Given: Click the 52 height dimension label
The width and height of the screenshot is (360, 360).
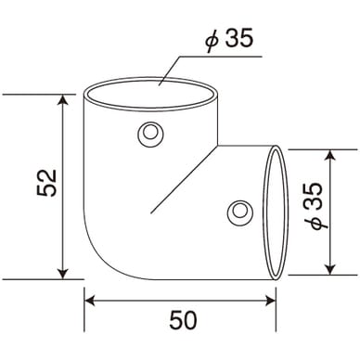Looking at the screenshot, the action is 47,183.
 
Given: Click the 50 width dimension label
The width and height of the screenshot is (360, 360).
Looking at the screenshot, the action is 183,320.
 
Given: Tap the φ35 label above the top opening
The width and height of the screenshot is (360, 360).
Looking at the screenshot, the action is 229,39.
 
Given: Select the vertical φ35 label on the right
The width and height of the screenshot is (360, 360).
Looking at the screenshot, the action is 315,206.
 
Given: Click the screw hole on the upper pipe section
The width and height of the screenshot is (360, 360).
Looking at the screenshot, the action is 150,135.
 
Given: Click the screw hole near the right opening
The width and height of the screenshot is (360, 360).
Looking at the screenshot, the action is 240,212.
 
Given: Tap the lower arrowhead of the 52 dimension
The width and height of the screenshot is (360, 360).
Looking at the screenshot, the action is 63,274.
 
